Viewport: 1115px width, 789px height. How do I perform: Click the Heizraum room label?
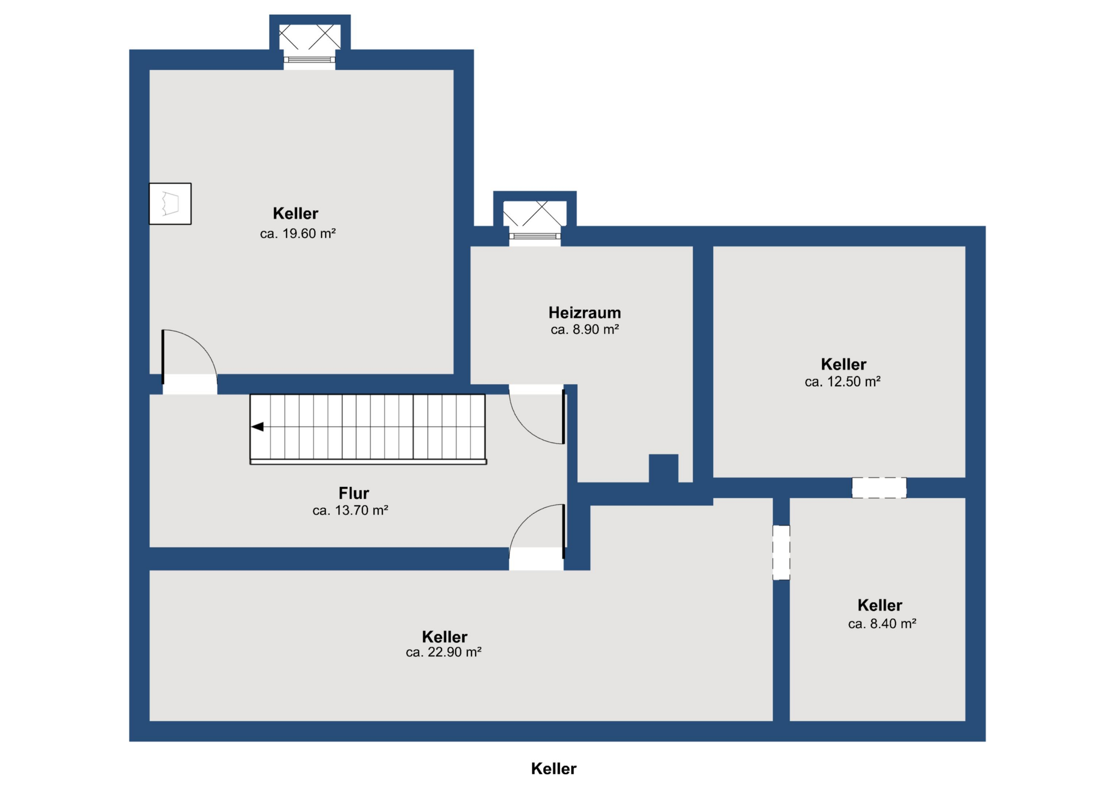[x=585, y=313]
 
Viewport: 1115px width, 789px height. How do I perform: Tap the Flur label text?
[x=354, y=493]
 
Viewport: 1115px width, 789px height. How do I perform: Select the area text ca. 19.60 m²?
[x=298, y=234]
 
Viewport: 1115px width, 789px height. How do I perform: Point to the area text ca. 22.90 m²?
[x=443, y=652]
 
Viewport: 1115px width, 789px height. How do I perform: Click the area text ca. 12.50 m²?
[x=843, y=382]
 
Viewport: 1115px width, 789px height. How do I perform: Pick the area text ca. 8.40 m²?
[x=882, y=624]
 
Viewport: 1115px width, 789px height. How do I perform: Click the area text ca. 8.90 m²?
[x=585, y=330]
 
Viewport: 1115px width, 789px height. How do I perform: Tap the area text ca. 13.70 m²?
[x=350, y=510]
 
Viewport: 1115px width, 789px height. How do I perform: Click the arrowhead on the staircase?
[x=257, y=427]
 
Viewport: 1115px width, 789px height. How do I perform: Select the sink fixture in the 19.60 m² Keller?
[x=170, y=204]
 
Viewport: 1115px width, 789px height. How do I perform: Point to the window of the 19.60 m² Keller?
[x=309, y=60]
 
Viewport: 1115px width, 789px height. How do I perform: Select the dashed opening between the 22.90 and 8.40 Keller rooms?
[x=781, y=552]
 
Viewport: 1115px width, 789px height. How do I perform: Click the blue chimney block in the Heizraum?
[x=663, y=469]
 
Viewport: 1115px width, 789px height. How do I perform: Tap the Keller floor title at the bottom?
[x=554, y=769]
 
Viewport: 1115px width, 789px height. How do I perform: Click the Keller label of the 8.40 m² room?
[x=880, y=605]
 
